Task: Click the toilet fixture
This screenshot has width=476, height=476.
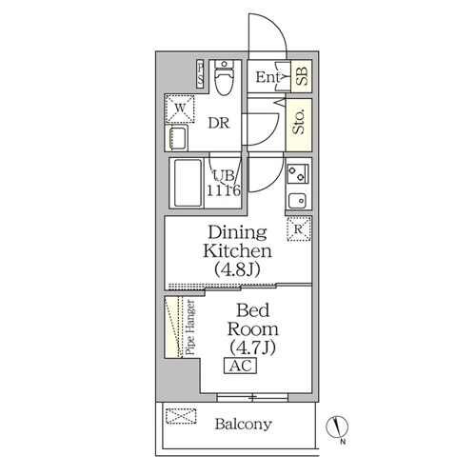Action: tap(224, 77)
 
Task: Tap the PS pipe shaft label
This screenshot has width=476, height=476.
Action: tap(200, 73)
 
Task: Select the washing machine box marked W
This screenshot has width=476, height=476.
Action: tap(180, 109)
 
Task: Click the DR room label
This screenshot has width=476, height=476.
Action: tap(219, 123)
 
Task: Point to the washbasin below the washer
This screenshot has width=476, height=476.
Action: tap(177, 138)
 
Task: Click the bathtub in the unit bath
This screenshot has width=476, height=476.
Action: tap(188, 183)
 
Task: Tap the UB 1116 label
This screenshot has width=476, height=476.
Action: tap(224, 184)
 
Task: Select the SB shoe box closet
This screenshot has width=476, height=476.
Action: tap(302, 76)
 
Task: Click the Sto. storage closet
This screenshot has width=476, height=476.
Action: tap(299, 125)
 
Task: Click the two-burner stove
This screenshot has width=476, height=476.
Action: tap(298, 173)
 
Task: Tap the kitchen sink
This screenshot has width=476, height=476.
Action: tap(297, 201)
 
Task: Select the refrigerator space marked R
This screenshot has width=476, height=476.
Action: tap(299, 228)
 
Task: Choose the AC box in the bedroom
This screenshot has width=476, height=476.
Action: tap(240, 366)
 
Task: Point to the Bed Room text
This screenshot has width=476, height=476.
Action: tap(253, 320)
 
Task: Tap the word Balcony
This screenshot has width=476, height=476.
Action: tap(244, 424)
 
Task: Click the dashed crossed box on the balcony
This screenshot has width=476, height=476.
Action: tap(181, 416)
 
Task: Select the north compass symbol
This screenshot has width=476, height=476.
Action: tap(337, 426)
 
